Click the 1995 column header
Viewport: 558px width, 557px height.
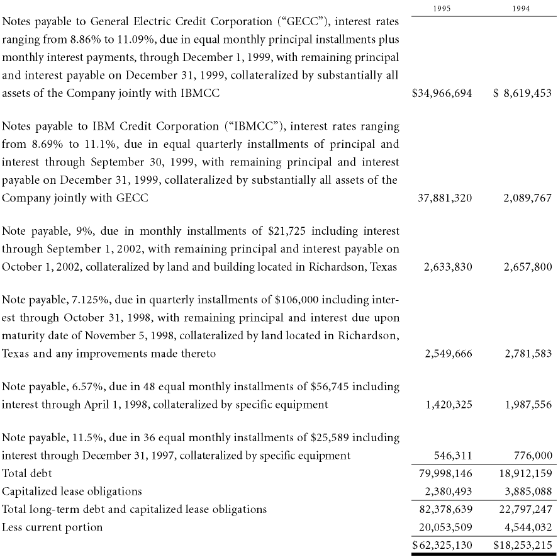coord(443,9)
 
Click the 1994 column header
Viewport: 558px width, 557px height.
coord(521,9)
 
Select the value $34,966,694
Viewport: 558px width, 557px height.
coord(442,93)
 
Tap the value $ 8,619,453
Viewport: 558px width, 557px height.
coord(522,93)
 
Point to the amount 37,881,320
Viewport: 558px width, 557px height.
coord(445,198)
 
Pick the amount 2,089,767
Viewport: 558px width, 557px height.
coord(528,198)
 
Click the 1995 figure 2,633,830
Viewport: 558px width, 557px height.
coord(448,267)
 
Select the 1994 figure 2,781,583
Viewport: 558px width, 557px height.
coord(528,354)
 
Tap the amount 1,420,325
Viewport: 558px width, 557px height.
coord(448,405)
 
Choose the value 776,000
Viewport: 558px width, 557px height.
coord(533,455)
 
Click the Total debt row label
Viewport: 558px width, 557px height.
coord(27,473)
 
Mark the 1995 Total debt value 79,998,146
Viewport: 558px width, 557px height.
coord(445,473)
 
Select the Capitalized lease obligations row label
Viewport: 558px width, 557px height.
coord(72,491)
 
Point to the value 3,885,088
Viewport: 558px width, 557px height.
coord(528,491)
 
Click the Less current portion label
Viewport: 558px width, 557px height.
coord(52,527)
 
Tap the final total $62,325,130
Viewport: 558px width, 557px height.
coord(442,545)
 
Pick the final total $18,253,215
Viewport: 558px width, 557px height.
coord(522,545)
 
